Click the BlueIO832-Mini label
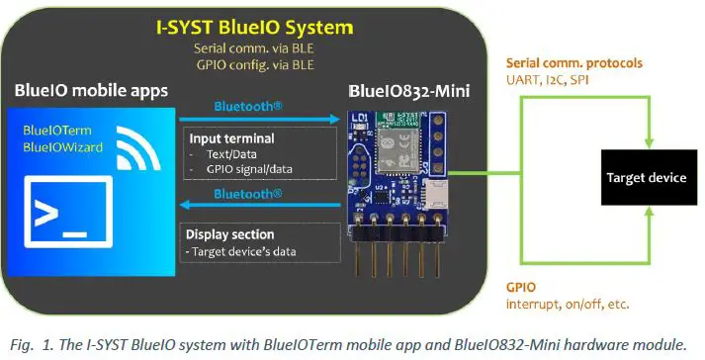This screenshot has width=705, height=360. coord(409,91)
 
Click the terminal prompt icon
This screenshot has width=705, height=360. coord(59,211)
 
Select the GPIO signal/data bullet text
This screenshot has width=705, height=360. coord(247,171)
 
